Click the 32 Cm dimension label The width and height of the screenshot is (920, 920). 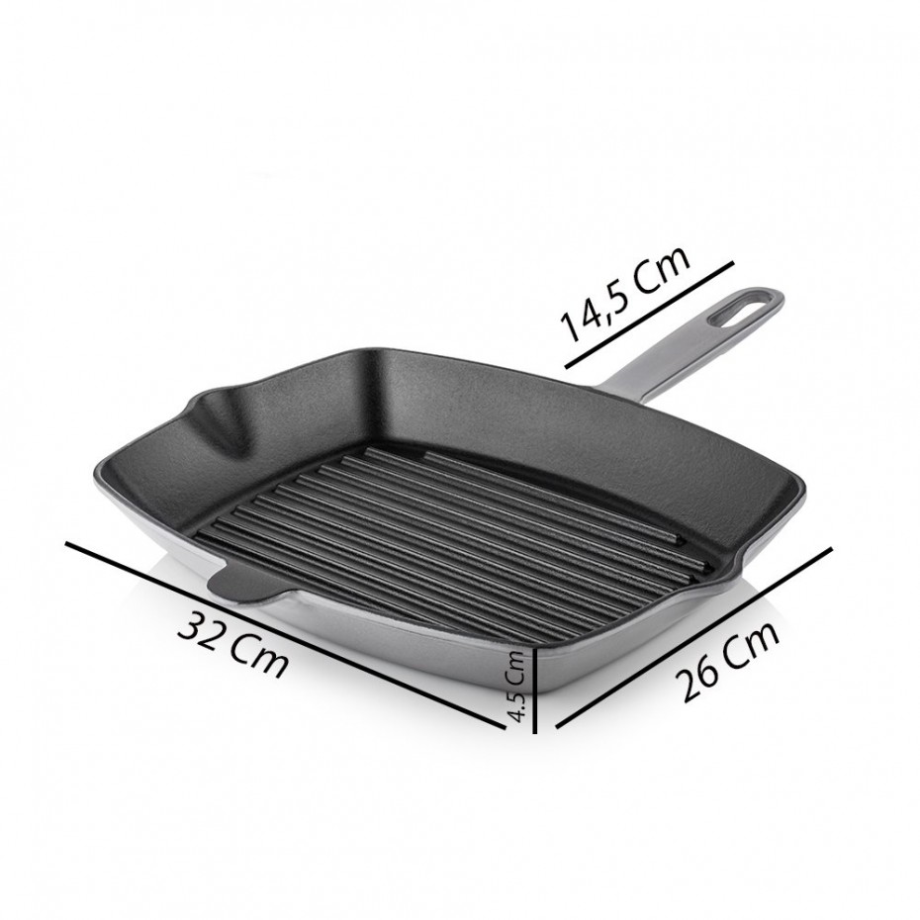pos(234,644)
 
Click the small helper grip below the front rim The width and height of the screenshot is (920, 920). pos(242,586)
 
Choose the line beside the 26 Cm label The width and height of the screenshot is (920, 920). pos(692,638)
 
